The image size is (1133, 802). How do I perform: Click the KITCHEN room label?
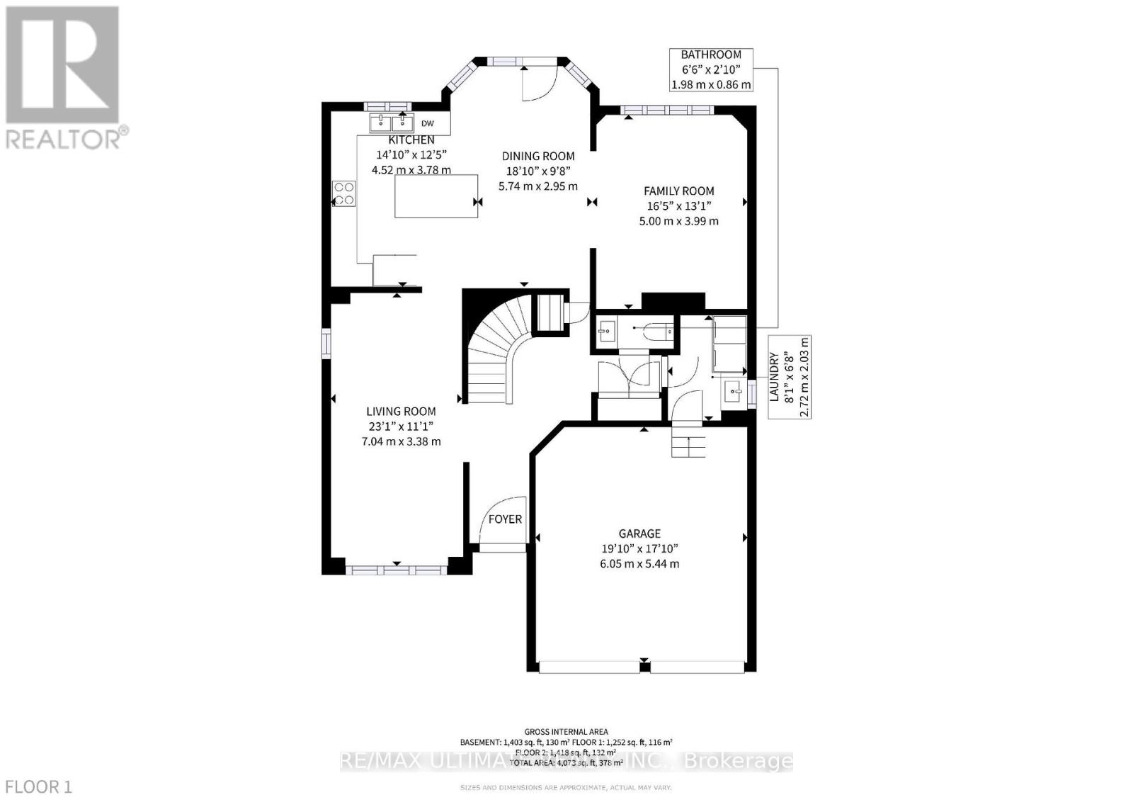pos(411,140)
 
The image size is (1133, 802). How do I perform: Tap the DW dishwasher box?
pos(428,123)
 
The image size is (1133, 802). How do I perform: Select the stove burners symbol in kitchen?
pos(344,193)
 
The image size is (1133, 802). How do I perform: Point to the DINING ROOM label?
pos(538,157)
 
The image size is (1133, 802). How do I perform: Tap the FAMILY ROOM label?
pos(678,191)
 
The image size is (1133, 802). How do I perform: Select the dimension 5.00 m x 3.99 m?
pos(678,221)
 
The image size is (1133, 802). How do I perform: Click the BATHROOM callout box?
pos(711,69)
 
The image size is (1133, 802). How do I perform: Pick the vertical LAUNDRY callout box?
pos(790,377)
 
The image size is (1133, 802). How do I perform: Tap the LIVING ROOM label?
pos(401,412)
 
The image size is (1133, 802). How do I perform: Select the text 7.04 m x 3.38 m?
pos(401,441)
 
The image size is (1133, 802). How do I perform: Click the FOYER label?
pos(505,519)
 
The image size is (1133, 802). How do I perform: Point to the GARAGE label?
pos(639,533)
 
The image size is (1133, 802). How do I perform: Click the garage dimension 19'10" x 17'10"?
pos(639,549)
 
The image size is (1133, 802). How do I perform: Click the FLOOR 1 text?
pos(38,786)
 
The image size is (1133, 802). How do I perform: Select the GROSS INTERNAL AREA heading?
pos(566,732)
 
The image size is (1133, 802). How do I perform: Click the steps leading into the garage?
pos(689,443)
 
